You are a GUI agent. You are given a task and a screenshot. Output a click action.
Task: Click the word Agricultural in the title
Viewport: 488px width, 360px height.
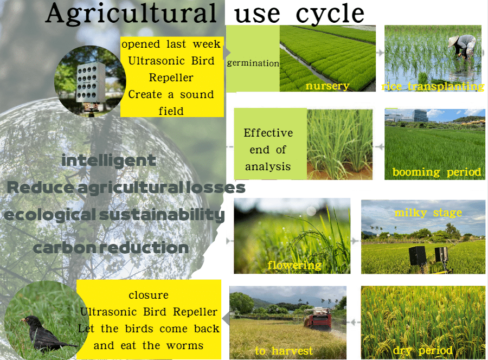coord(131,14)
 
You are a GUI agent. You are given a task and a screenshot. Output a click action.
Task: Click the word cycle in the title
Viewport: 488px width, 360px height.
coord(330,14)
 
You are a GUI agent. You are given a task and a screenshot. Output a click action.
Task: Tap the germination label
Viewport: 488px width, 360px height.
coord(253,63)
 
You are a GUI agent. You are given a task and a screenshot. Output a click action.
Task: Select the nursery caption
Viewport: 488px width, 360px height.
coord(328,86)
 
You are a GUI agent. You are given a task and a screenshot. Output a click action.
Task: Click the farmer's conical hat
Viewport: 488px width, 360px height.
coord(453,41)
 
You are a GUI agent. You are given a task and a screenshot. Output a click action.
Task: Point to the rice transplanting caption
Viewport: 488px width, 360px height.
coord(433,86)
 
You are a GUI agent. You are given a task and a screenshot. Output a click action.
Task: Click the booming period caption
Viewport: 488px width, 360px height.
coord(436,172)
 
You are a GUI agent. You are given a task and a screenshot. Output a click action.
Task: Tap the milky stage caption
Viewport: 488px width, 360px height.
coord(428,213)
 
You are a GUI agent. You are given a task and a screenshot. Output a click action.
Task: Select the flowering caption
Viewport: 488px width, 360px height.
coord(294,265)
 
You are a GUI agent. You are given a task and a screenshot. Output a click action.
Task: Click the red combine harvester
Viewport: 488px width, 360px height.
coord(318,318)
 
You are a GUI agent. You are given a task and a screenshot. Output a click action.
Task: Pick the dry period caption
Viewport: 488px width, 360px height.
coord(422,351)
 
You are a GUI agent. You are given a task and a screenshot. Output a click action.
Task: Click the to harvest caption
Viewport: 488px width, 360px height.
coord(284,351)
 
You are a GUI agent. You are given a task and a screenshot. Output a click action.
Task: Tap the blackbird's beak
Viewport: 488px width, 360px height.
coord(22,319)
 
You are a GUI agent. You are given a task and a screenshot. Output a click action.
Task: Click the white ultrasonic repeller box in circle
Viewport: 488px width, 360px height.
coord(91,83)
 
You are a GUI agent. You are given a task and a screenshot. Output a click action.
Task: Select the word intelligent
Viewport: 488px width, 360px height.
coord(108,161)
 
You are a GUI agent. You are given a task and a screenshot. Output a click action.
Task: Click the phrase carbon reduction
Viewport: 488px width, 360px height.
coord(111,248)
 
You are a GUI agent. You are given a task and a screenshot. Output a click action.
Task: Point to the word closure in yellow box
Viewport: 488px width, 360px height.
coord(149,294)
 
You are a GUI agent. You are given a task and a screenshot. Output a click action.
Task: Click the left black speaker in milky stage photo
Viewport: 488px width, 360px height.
coord(418,256)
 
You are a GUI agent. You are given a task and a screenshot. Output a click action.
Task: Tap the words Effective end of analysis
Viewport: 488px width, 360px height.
coord(268,150)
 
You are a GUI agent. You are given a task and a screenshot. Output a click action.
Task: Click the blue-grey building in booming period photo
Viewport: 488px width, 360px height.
coord(420,115)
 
